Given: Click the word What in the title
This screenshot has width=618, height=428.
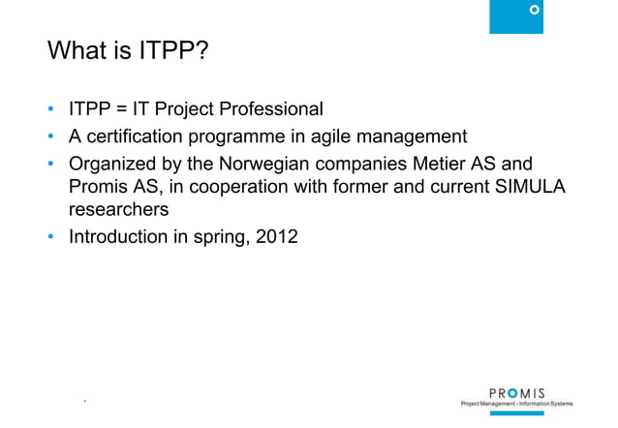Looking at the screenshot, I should click(77, 49).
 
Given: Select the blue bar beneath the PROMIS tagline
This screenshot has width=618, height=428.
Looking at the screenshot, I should click(516, 413).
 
